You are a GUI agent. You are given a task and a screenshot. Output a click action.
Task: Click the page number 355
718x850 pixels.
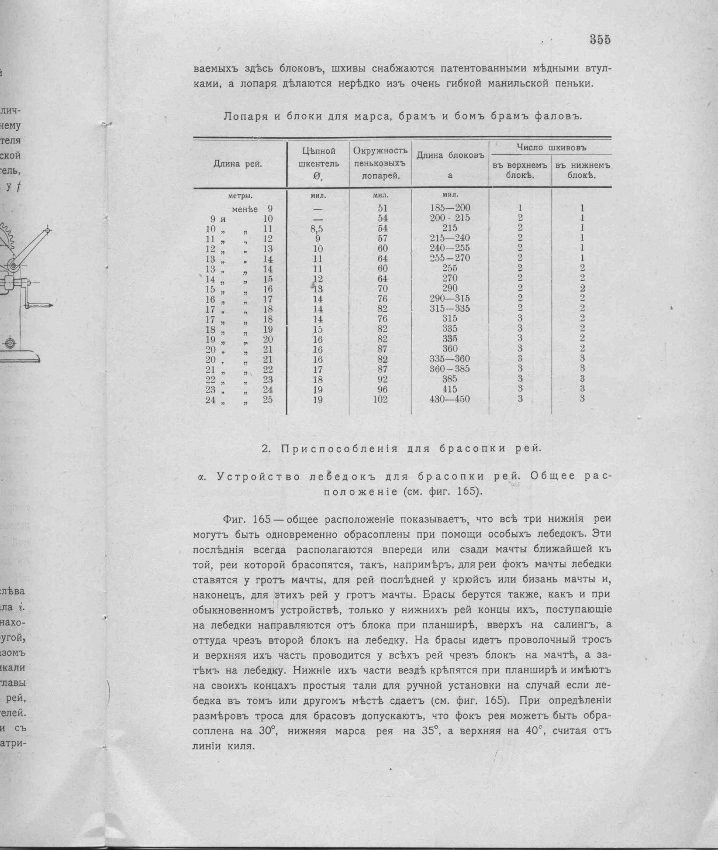pos(600,40)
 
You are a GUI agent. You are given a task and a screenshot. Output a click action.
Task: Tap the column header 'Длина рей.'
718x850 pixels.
pos(238,164)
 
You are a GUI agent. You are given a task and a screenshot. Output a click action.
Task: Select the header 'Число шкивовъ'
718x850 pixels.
pos(551,148)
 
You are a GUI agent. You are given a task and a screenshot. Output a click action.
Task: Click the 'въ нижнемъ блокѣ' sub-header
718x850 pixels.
pos(582,171)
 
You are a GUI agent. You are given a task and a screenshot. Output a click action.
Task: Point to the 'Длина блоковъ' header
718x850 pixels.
pos(450,156)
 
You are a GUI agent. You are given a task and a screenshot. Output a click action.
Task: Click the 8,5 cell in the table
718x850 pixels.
pos(317,229)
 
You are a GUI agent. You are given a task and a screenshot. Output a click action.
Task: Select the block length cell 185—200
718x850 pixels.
pos(450,208)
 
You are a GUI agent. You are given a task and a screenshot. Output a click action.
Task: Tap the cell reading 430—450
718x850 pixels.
pos(450,400)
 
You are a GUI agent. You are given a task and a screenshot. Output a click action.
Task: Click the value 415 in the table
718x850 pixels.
pos(450,389)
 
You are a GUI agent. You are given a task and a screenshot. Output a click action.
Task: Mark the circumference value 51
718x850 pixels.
pos(382,208)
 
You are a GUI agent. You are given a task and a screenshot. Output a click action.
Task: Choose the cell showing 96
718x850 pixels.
pos(382,389)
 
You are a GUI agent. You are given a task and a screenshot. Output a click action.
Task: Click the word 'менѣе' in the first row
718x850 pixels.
pos(245,209)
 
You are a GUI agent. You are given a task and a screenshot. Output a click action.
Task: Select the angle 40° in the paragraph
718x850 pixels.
pos(534,731)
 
